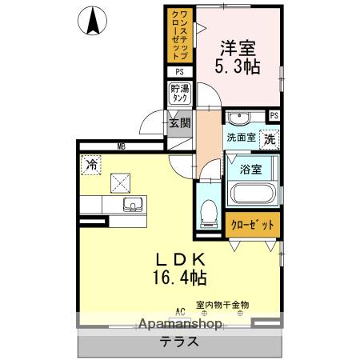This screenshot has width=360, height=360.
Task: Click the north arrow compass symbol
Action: click(x=94, y=20)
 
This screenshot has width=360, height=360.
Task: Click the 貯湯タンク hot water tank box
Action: click(x=180, y=94)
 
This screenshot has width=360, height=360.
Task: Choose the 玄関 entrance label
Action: click(x=179, y=123)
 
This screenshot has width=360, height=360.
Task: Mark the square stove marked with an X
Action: click(x=121, y=182)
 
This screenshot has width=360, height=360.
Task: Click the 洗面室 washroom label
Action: click(x=240, y=138)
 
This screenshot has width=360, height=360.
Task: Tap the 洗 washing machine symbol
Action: click(x=271, y=138)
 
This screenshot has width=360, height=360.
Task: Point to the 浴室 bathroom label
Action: click(x=251, y=170)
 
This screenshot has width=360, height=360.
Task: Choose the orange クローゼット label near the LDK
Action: click(x=253, y=226)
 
